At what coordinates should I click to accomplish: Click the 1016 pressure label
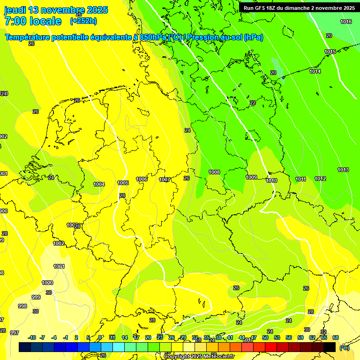346,22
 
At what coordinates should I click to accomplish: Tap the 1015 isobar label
330,52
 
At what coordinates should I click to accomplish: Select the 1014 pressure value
315,72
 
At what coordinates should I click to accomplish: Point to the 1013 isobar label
343,170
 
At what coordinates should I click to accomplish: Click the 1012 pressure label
320,179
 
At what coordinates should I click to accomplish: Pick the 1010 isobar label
271,180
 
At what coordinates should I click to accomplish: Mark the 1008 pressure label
214,172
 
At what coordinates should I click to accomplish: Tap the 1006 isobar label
142,179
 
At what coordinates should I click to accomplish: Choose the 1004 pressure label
99,184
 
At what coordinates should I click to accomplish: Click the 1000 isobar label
47,283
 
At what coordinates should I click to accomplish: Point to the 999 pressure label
36,297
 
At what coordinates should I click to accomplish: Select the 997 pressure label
15,332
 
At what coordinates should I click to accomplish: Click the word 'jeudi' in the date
15,10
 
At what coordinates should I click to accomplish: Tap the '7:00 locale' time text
33,21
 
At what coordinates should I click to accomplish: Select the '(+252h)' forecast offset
83,21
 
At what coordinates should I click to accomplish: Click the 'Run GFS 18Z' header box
299,8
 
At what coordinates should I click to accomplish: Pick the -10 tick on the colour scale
32,337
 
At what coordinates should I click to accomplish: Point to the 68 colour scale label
336,337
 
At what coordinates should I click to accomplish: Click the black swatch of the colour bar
330,347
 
